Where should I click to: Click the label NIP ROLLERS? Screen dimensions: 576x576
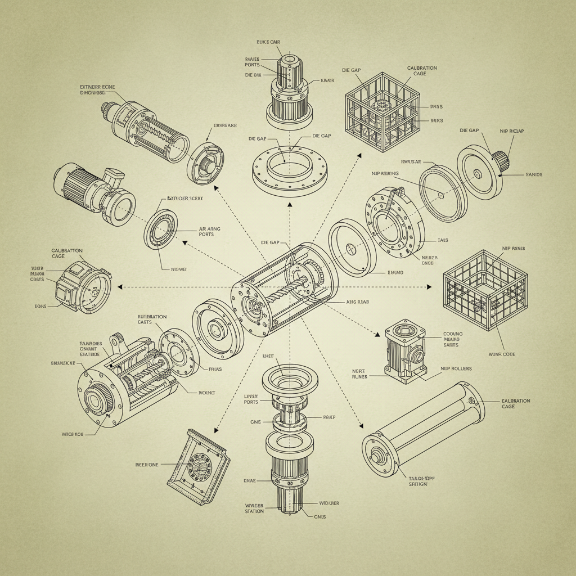pyautogui.click(x=456, y=368)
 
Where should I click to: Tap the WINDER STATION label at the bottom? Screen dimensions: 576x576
pyautogui.click(x=254, y=508)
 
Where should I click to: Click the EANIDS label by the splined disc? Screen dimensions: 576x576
pyautogui.click(x=534, y=175)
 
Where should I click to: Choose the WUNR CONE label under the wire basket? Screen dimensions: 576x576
pyautogui.click(x=502, y=354)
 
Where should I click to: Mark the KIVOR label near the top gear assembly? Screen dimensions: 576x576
pyautogui.click(x=327, y=80)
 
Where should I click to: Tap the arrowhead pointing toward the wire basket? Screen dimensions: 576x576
pyautogui.click(x=429, y=287)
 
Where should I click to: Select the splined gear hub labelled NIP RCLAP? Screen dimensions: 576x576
pyautogui.click(x=501, y=161)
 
